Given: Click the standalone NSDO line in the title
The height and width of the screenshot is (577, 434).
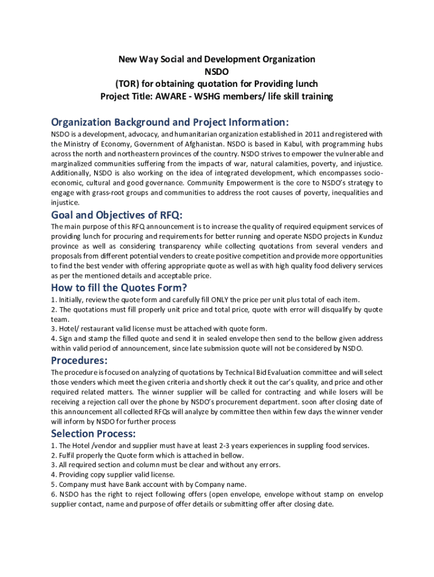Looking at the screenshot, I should coord(216,72).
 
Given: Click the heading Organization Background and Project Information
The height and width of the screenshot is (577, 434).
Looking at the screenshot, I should coord(170,122).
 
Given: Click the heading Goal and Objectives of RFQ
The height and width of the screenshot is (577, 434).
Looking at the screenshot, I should coord(117,216).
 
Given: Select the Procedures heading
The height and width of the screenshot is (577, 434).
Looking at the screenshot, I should coord(79,361).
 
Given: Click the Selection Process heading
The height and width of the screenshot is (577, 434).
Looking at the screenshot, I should coord(93,433).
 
